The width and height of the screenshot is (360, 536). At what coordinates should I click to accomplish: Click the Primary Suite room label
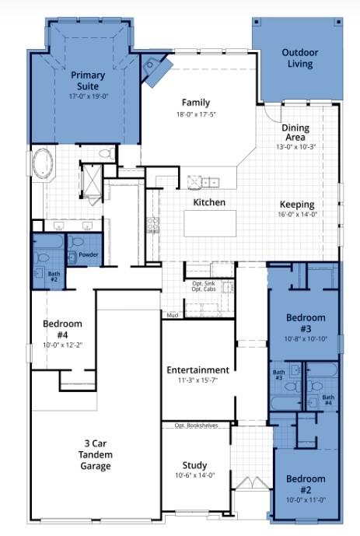(x=88, y=80)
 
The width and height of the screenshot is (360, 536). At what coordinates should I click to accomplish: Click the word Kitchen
(x=209, y=202)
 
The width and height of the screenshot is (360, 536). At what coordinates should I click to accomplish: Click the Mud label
(x=173, y=315)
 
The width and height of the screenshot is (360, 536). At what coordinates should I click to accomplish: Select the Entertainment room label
(x=197, y=370)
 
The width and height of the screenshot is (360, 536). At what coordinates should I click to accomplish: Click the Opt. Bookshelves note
(x=196, y=426)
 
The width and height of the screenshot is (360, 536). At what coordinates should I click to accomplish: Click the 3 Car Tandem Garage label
(x=97, y=455)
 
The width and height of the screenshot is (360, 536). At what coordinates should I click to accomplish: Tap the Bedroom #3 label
(x=305, y=323)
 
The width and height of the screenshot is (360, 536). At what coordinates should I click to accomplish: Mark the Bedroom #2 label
(x=305, y=484)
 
